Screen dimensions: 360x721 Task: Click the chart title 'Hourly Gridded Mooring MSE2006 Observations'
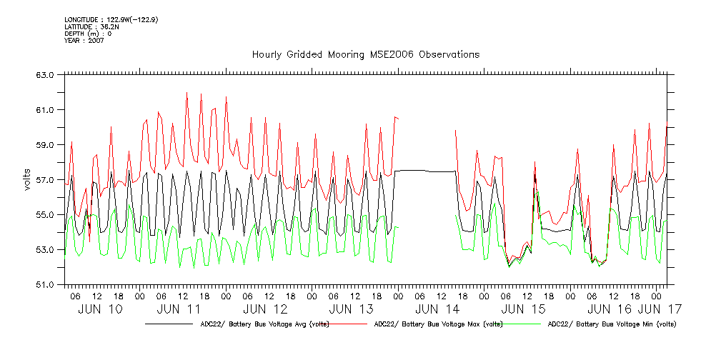[365, 55]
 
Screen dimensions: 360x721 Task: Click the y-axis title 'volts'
[26, 179]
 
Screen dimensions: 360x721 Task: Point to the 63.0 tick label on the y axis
[47, 74]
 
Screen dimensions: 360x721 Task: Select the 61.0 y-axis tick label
[47, 109]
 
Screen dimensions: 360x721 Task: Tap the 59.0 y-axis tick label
[47, 144]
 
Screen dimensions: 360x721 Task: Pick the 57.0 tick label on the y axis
[47, 179]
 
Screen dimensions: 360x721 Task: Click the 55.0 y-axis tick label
[47, 214]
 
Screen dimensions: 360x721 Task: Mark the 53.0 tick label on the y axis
[47, 249]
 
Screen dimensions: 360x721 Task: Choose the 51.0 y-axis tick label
[47, 284]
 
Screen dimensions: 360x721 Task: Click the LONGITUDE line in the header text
[111, 19]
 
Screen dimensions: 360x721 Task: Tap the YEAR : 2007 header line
[84, 41]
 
